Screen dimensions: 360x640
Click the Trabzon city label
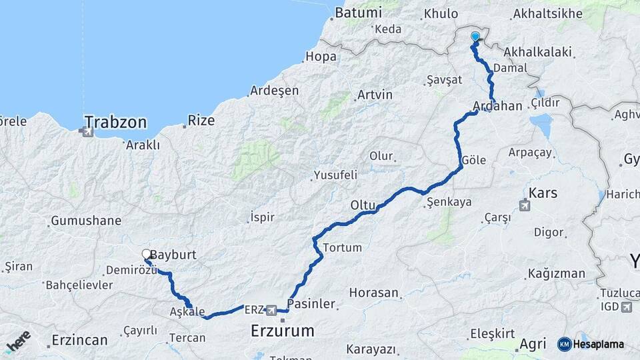tap(115, 122)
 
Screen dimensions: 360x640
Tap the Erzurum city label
tap(282, 330)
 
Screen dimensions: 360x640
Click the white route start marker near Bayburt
tap(147, 254)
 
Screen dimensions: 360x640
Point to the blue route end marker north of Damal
tap(475, 37)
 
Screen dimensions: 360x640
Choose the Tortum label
tap(342, 247)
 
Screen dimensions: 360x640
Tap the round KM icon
tap(564, 344)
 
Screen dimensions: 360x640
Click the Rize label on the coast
tap(201, 121)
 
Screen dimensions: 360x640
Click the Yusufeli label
tap(335, 175)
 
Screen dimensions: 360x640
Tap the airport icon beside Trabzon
tap(86, 133)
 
